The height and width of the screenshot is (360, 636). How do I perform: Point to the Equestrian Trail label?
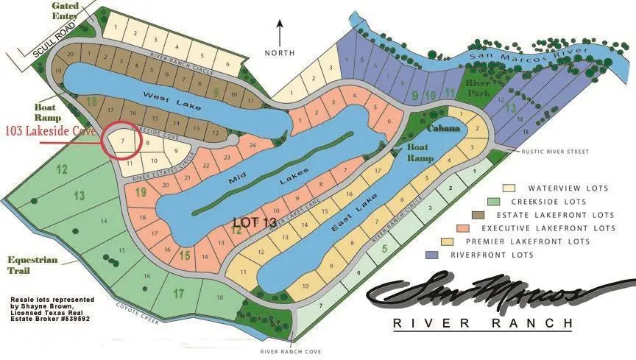[x=30, y=264]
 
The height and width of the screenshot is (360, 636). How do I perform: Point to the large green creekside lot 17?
[x=178, y=294]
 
